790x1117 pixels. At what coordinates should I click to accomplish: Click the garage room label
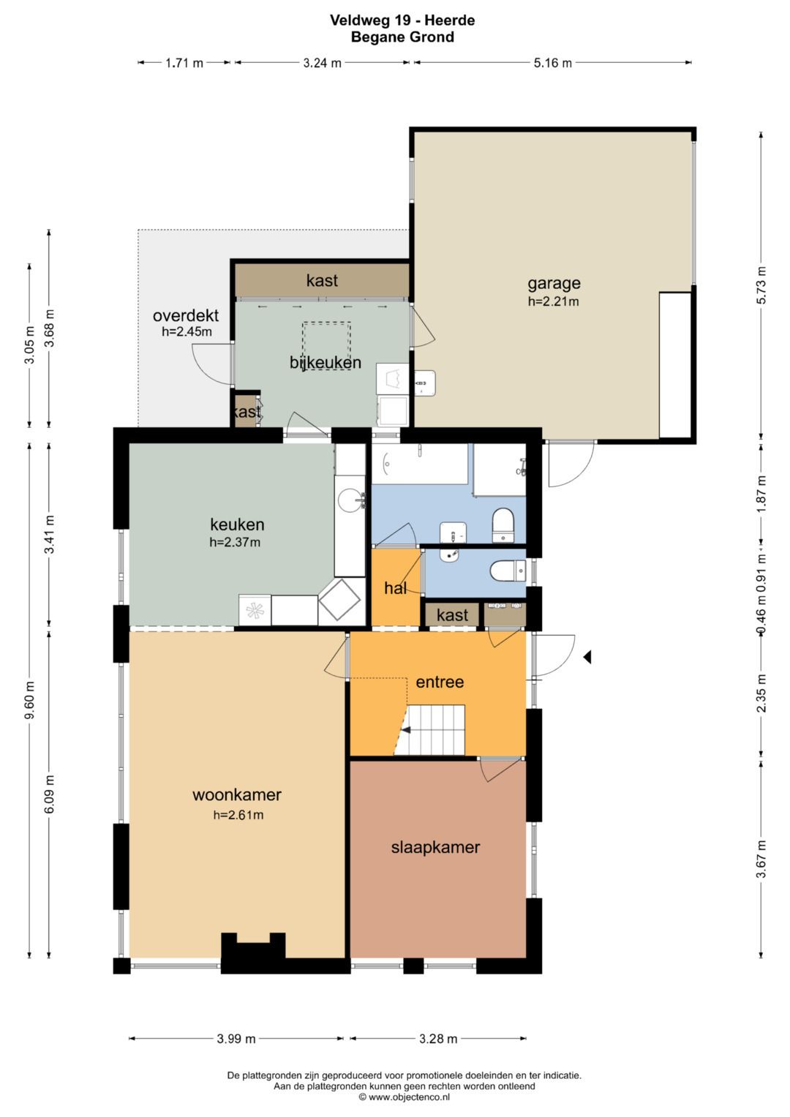click(554, 283)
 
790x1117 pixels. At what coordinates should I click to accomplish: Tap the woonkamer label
click(237, 794)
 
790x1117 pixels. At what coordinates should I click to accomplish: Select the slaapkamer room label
click(435, 847)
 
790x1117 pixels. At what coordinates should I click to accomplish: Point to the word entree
click(440, 682)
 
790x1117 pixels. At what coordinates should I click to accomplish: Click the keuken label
click(237, 524)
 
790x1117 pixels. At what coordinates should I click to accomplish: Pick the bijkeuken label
click(326, 363)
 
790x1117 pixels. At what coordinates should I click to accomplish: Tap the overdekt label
click(186, 315)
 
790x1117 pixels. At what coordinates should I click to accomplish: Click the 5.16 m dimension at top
click(552, 63)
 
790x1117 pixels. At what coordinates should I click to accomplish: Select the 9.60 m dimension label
click(30, 699)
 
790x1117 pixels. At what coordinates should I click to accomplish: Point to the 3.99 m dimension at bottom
click(236, 1039)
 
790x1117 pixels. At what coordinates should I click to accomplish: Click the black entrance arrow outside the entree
click(587, 657)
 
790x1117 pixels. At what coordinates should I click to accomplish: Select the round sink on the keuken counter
click(350, 500)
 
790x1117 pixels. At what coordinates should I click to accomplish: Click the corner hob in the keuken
click(339, 599)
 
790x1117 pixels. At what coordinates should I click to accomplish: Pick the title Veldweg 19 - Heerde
click(402, 20)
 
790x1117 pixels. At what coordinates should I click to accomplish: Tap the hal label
click(395, 588)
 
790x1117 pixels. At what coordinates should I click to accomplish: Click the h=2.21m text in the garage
click(554, 301)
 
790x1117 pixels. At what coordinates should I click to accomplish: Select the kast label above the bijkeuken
click(322, 280)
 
